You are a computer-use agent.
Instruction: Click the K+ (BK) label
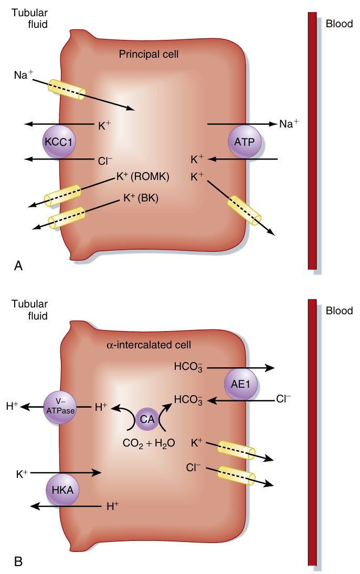(141, 198)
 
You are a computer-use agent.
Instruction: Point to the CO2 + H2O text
(148, 444)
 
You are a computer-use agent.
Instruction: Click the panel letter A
(18, 266)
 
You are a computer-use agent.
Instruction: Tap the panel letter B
(18, 562)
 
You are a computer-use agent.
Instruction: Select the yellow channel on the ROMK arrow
(62, 195)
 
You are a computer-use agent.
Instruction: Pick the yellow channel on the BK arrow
(67, 218)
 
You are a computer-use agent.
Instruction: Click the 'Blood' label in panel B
(339, 311)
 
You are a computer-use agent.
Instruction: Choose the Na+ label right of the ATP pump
(289, 124)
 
